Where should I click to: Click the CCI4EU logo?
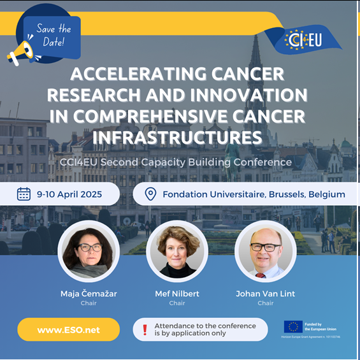304,40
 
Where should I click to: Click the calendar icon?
24,194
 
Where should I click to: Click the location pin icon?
151,194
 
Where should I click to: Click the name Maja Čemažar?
88,294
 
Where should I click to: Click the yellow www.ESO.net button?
68,329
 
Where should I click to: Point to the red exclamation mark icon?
145,329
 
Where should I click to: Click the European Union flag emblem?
293,327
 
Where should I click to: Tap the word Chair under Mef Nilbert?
177,303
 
